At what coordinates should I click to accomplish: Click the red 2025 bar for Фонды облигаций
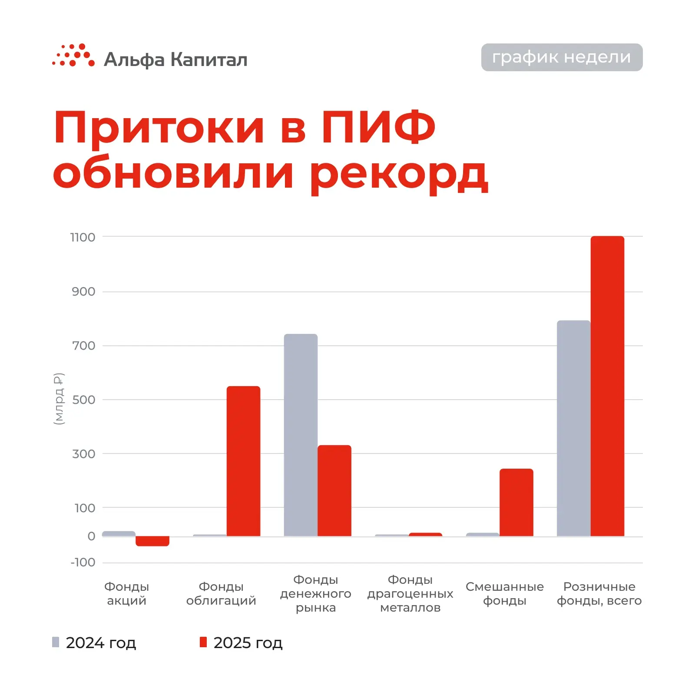243,461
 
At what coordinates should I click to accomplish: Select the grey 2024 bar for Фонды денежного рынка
301,435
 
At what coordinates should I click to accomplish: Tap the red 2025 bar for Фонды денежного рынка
334,490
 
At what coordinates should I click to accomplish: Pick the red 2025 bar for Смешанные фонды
516,502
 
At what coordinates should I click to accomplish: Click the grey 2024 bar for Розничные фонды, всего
573,428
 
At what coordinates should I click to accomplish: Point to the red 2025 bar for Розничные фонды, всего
607,386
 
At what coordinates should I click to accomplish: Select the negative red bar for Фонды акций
152,541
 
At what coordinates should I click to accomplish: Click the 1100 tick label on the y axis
83,237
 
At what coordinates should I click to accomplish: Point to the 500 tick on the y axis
83,400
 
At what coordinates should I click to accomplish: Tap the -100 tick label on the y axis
83,563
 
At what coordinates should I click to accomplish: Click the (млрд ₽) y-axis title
59,399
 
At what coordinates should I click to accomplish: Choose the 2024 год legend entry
94,642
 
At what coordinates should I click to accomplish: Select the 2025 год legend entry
242,642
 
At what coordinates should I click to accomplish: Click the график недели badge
562,57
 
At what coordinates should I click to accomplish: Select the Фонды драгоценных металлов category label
410,593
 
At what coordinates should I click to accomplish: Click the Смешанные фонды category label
504,593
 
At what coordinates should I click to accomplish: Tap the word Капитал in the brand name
208,60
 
